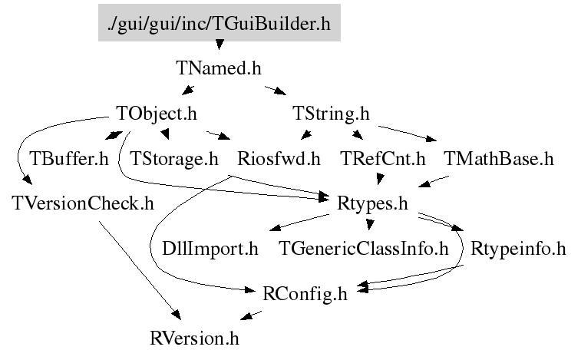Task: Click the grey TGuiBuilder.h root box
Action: point(220,24)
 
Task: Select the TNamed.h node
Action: point(219,68)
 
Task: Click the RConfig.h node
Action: point(305,293)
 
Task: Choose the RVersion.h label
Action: point(199,338)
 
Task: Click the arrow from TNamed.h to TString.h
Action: point(275,91)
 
